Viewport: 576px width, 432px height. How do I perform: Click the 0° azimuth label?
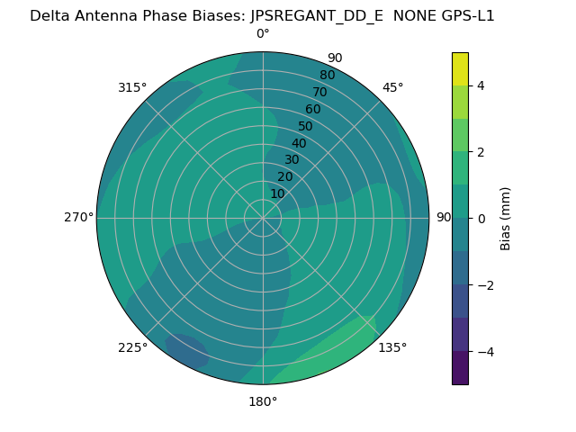(263, 34)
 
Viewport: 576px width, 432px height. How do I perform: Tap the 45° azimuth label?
(393, 87)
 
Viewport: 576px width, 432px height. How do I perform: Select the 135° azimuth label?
(392, 347)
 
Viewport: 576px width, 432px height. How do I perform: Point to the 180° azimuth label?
(263, 401)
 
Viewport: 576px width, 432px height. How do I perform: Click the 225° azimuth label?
(132, 347)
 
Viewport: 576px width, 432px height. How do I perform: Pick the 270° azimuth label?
(78, 218)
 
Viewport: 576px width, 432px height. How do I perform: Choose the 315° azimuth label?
(132, 87)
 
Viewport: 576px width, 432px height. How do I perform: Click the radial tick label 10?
(277, 194)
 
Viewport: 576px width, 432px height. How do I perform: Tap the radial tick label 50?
(306, 127)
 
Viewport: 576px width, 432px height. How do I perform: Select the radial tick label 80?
(327, 76)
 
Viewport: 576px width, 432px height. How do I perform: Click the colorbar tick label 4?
(481, 85)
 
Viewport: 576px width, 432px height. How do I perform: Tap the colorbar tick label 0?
(481, 219)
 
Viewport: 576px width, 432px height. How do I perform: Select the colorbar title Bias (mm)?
(506, 219)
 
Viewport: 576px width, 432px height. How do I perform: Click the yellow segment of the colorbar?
(460, 69)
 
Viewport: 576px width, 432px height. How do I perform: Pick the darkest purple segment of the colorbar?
(460, 368)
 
